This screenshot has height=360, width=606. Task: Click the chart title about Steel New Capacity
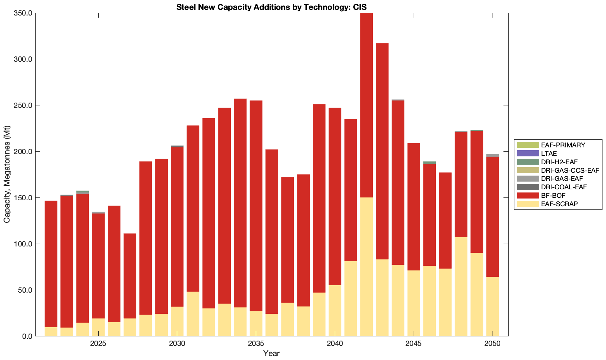coord(272,7)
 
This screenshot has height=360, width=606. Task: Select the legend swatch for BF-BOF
coord(528,195)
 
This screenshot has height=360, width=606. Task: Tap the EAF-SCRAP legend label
coord(559,204)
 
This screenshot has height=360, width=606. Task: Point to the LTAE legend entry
coord(549,153)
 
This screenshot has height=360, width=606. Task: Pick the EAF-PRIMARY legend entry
coord(563,145)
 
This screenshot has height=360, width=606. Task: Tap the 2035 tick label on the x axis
coord(256,344)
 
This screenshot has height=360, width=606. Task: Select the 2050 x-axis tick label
coord(493,344)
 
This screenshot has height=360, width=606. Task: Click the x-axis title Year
coord(271,353)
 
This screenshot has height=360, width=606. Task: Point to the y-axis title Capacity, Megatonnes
coord(7,174)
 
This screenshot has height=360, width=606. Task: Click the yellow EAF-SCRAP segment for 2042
coord(366,267)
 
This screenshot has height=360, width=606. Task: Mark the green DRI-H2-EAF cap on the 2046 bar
coord(429,163)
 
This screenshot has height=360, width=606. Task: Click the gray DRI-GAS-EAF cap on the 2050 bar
coord(493,155)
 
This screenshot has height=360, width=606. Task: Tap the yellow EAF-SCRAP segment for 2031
coord(193,314)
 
